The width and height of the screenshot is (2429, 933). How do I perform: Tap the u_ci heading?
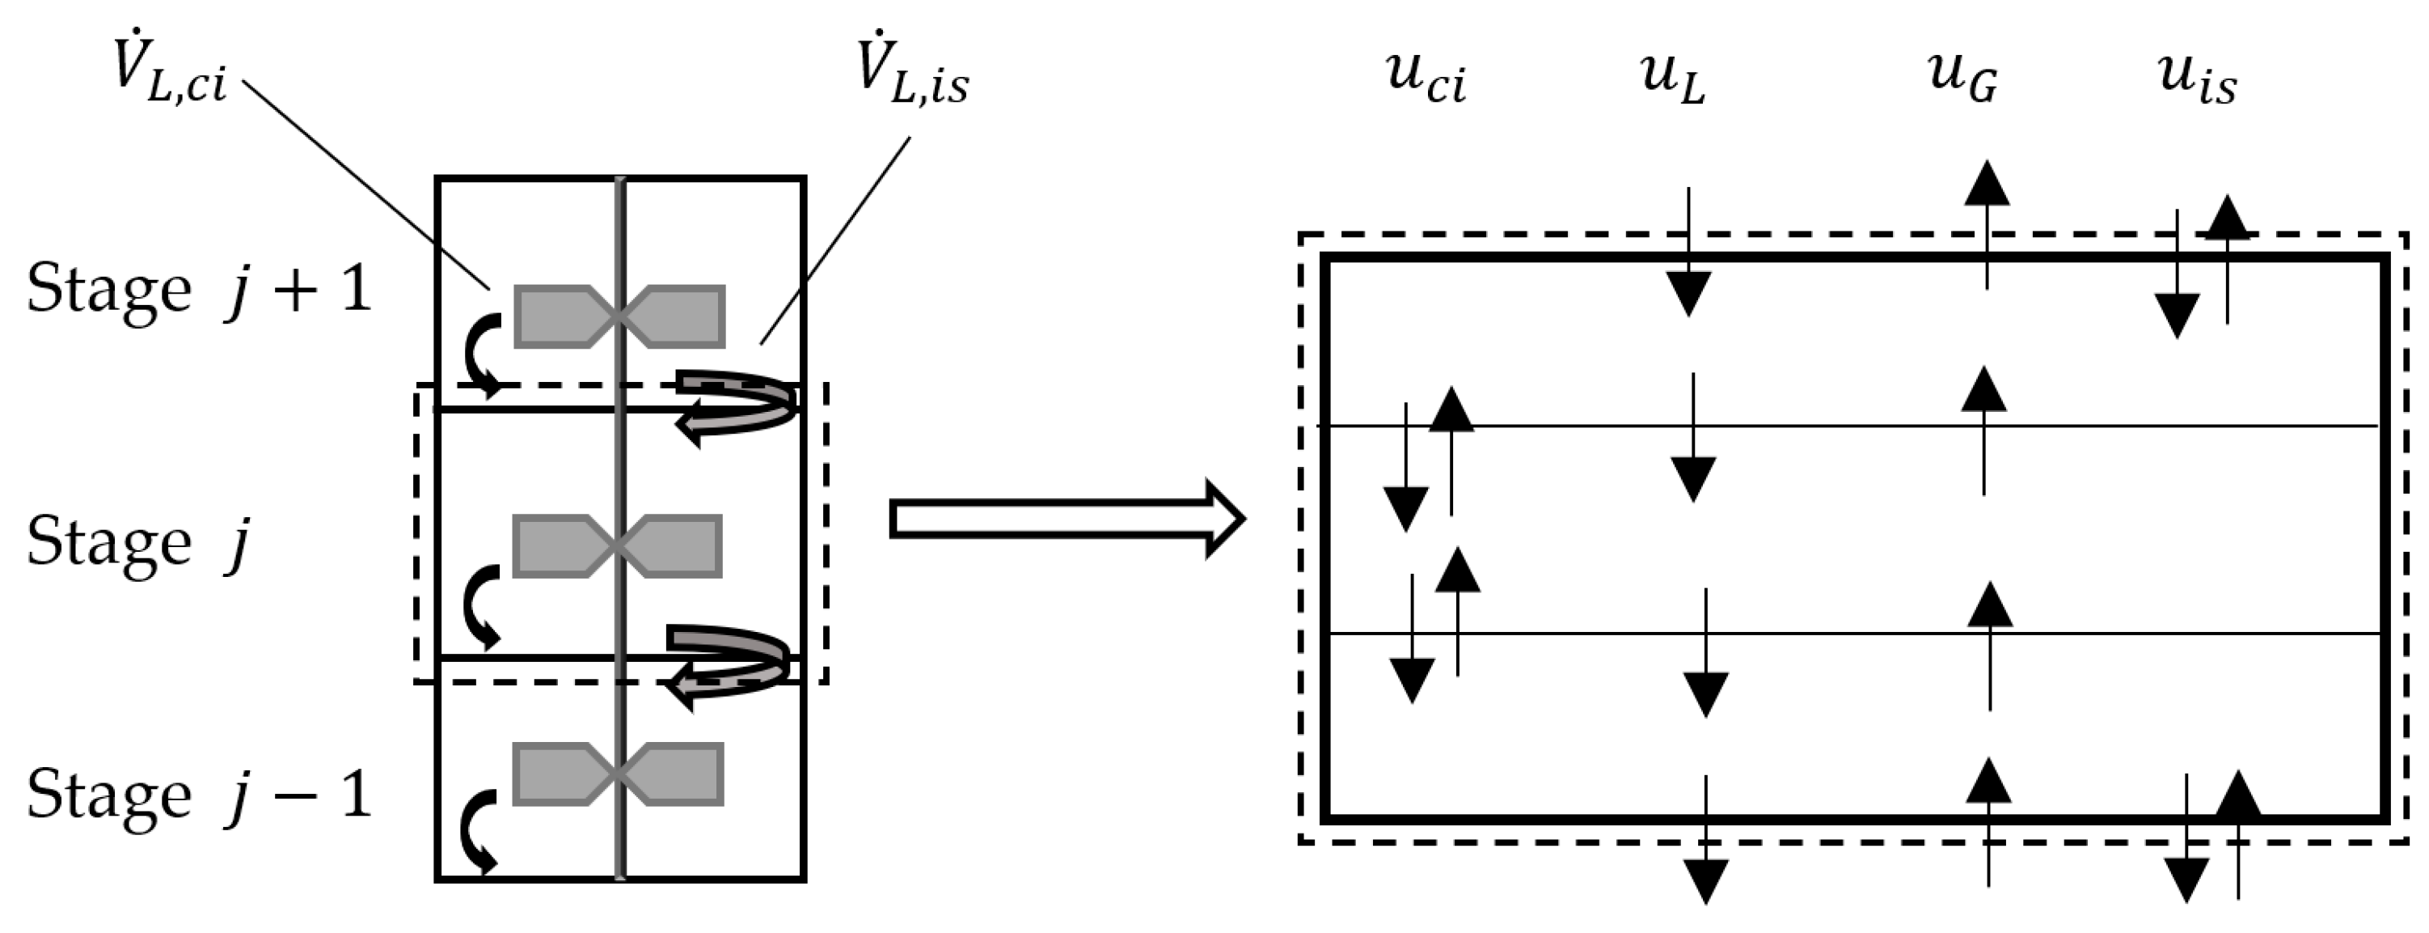[1426, 78]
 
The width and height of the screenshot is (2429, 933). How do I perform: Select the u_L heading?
[1674, 78]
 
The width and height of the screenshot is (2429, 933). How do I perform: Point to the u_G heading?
[1962, 78]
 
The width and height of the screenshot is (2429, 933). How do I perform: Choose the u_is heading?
[2197, 78]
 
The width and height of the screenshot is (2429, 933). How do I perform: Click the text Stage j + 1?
[198, 289]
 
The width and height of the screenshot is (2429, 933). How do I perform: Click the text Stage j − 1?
[198, 795]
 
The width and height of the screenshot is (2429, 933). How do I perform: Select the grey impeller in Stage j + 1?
[619, 316]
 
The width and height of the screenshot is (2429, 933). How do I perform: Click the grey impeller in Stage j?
[618, 545]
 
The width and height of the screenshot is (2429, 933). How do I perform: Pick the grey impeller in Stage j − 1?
[618, 774]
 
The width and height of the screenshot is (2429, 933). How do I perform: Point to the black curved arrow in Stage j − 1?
[477, 830]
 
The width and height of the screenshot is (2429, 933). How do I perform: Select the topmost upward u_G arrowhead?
[1987, 184]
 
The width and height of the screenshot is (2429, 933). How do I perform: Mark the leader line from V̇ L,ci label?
[368, 184]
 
